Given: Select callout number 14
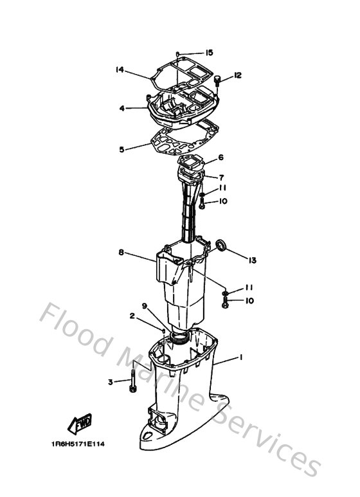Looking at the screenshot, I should (x=120, y=69).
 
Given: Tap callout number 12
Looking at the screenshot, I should (x=238, y=76).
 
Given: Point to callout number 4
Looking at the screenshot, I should (x=122, y=109).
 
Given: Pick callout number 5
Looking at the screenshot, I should (x=122, y=149).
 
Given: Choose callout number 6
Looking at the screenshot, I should (x=221, y=158).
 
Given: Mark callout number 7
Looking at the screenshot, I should (x=221, y=177).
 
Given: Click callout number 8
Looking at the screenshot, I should (x=121, y=253).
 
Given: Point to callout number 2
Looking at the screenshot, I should (x=131, y=316).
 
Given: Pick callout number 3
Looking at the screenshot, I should (x=110, y=382).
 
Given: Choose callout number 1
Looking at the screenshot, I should (x=241, y=356).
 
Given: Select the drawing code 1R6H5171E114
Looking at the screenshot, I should (x=78, y=444).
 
